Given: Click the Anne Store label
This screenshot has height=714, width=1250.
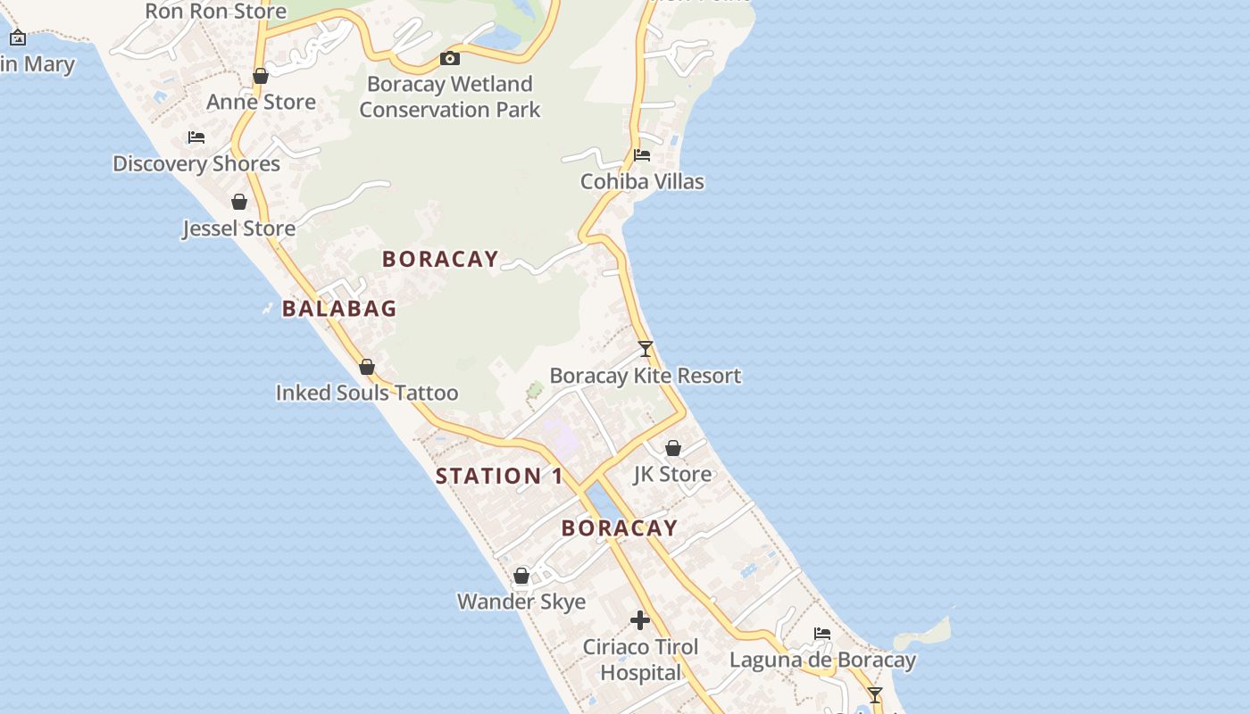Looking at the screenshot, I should (261, 102).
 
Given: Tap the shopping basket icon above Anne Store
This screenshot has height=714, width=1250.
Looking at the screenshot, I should (261, 77).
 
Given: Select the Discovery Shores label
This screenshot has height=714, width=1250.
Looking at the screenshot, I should (196, 163).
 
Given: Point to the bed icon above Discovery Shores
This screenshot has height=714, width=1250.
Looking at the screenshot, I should (196, 137).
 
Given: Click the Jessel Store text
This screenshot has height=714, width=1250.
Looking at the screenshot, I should (239, 228).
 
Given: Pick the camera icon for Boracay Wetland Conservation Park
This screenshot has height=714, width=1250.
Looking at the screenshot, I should (450, 59).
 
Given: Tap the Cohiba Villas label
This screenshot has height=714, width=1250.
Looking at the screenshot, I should (642, 181).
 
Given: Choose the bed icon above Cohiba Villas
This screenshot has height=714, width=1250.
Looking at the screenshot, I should (641, 155).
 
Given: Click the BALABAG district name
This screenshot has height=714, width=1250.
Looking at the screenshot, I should (339, 309).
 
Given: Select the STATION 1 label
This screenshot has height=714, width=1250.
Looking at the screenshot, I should (499, 476).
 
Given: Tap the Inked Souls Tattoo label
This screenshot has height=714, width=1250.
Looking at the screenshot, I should (367, 393).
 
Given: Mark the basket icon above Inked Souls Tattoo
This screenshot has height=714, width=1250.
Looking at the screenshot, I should (366, 367).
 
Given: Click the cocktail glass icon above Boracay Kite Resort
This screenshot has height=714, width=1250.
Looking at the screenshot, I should (646, 349).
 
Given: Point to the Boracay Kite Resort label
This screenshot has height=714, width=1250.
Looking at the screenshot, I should (646, 376).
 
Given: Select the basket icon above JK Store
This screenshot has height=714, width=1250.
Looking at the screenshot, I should (673, 448).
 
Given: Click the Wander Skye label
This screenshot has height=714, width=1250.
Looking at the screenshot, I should (521, 602).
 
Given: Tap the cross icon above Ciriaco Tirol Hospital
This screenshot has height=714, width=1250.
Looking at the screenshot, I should (640, 620).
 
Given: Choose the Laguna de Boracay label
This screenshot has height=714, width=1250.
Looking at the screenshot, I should (822, 660).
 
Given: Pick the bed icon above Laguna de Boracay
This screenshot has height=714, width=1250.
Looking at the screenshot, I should (822, 634).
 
